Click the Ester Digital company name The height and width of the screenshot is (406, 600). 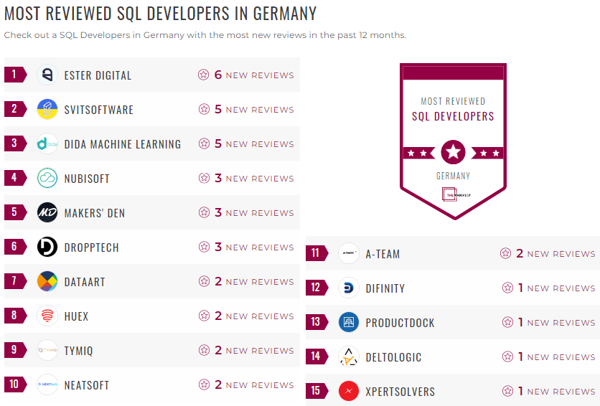(x=98, y=75)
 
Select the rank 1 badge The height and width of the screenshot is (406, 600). (x=14, y=75)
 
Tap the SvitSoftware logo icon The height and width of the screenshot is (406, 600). (x=47, y=109)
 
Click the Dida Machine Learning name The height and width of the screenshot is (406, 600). (x=122, y=144)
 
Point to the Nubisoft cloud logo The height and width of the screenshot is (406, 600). (x=47, y=178)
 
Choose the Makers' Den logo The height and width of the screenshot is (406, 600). (x=47, y=212)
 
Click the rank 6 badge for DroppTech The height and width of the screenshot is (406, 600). (x=14, y=247)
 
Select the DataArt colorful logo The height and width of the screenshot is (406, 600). (x=47, y=281)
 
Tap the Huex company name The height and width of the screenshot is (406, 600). (x=76, y=316)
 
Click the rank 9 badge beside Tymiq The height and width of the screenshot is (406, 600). (x=14, y=350)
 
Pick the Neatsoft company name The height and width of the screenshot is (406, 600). (x=86, y=385)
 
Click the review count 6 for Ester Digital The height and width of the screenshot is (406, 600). (x=218, y=75)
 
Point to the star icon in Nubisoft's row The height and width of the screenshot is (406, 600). (x=204, y=178)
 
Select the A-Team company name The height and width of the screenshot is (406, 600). (x=383, y=254)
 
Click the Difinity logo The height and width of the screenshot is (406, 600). (x=349, y=288)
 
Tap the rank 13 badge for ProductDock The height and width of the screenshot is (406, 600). (x=316, y=322)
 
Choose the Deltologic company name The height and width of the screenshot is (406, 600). (x=393, y=357)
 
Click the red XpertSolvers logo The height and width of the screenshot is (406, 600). (x=349, y=391)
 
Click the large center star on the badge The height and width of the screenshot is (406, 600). (x=454, y=152)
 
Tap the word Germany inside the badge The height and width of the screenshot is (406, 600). (x=454, y=176)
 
